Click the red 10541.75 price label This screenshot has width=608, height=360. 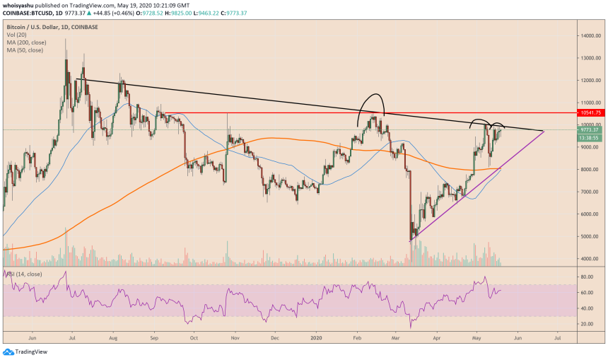[588, 112]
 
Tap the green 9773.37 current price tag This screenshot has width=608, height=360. [588, 129]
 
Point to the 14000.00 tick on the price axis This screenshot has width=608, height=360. [588, 35]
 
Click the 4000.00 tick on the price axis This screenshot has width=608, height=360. [588, 259]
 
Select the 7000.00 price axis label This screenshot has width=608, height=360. [588, 192]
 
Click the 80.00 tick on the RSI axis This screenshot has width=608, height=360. [587, 277]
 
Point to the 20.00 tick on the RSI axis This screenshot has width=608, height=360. [587, 324]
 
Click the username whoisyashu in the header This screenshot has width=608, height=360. [18, 5]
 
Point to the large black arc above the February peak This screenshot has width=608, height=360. [370, 97]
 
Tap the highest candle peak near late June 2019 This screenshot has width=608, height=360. [66, 40]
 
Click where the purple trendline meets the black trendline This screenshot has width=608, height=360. [543, 131]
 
